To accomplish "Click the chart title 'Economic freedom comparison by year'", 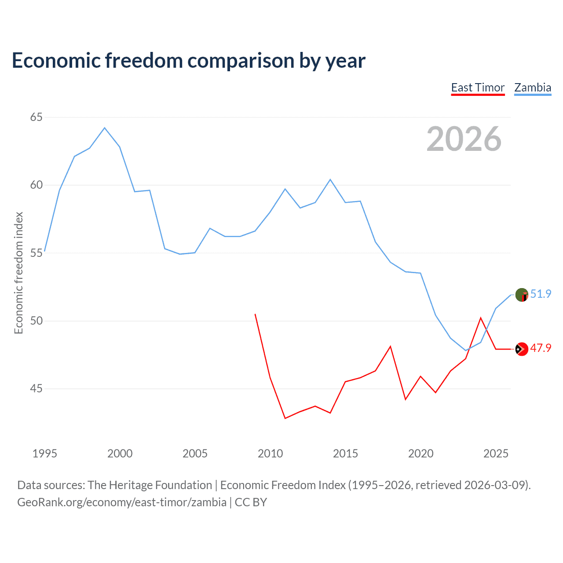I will click(x=188, y=61).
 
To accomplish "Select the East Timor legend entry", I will click(x=478, y=88).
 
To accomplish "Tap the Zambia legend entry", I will click(x=533, y=88).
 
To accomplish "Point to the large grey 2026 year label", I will click(x=464, y=139).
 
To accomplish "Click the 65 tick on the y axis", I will click(x=37, y=117).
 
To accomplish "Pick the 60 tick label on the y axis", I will click(x=37, y=185).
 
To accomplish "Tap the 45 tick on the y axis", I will click(x=37, y=389).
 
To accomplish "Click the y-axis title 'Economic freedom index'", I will click(x=18, y=273).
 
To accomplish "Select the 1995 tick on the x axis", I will click(x=45, y=453).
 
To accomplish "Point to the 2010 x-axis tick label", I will click(x=270, y=453).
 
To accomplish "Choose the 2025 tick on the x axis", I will click(x=496, y=453).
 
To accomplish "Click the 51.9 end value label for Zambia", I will click(x=541, y=294).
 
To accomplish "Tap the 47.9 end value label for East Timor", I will click(x=541, y=348).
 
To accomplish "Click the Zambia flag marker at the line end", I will click(x=522, y=295).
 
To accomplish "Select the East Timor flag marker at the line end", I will click(x=522, y=349).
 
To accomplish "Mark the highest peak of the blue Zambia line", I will click(x=105, y=128).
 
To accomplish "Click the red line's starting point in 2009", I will click(x=255, y=314).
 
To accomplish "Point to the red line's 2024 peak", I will click(x=481, y=318).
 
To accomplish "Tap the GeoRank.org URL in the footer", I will click(x=122, y=502).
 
